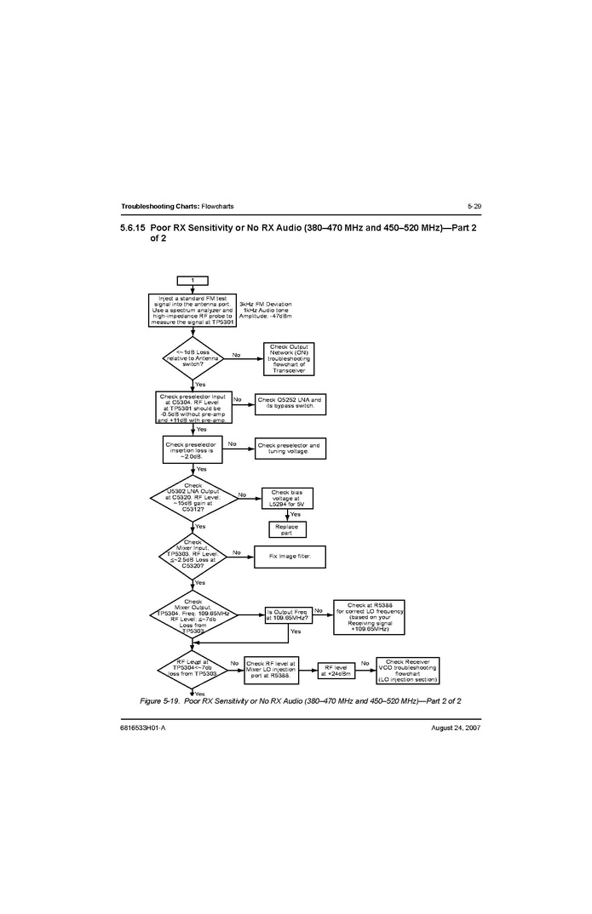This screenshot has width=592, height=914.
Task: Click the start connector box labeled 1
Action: (193, 280)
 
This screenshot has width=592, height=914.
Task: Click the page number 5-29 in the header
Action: (474, 206)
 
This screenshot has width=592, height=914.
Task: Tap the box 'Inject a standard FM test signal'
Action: (193, 311)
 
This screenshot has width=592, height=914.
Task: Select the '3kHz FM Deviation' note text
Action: (265, 304)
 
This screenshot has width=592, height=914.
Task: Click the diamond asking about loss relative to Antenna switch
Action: (192, 358)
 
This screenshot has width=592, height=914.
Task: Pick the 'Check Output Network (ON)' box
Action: (290, 358)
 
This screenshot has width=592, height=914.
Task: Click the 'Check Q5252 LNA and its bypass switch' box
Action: (290, 403)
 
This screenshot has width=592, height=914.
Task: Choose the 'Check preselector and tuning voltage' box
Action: (290, 448)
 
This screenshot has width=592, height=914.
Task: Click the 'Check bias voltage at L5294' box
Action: (286, 499)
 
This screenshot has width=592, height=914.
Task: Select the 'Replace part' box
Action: (286, 529)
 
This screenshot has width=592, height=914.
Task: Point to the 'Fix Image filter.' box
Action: (290, 556)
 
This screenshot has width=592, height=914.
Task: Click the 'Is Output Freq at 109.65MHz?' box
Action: (286, 614)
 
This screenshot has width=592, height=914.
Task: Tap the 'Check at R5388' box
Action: (369, 617)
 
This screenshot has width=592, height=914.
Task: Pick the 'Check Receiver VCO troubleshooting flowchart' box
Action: (407, 670)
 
